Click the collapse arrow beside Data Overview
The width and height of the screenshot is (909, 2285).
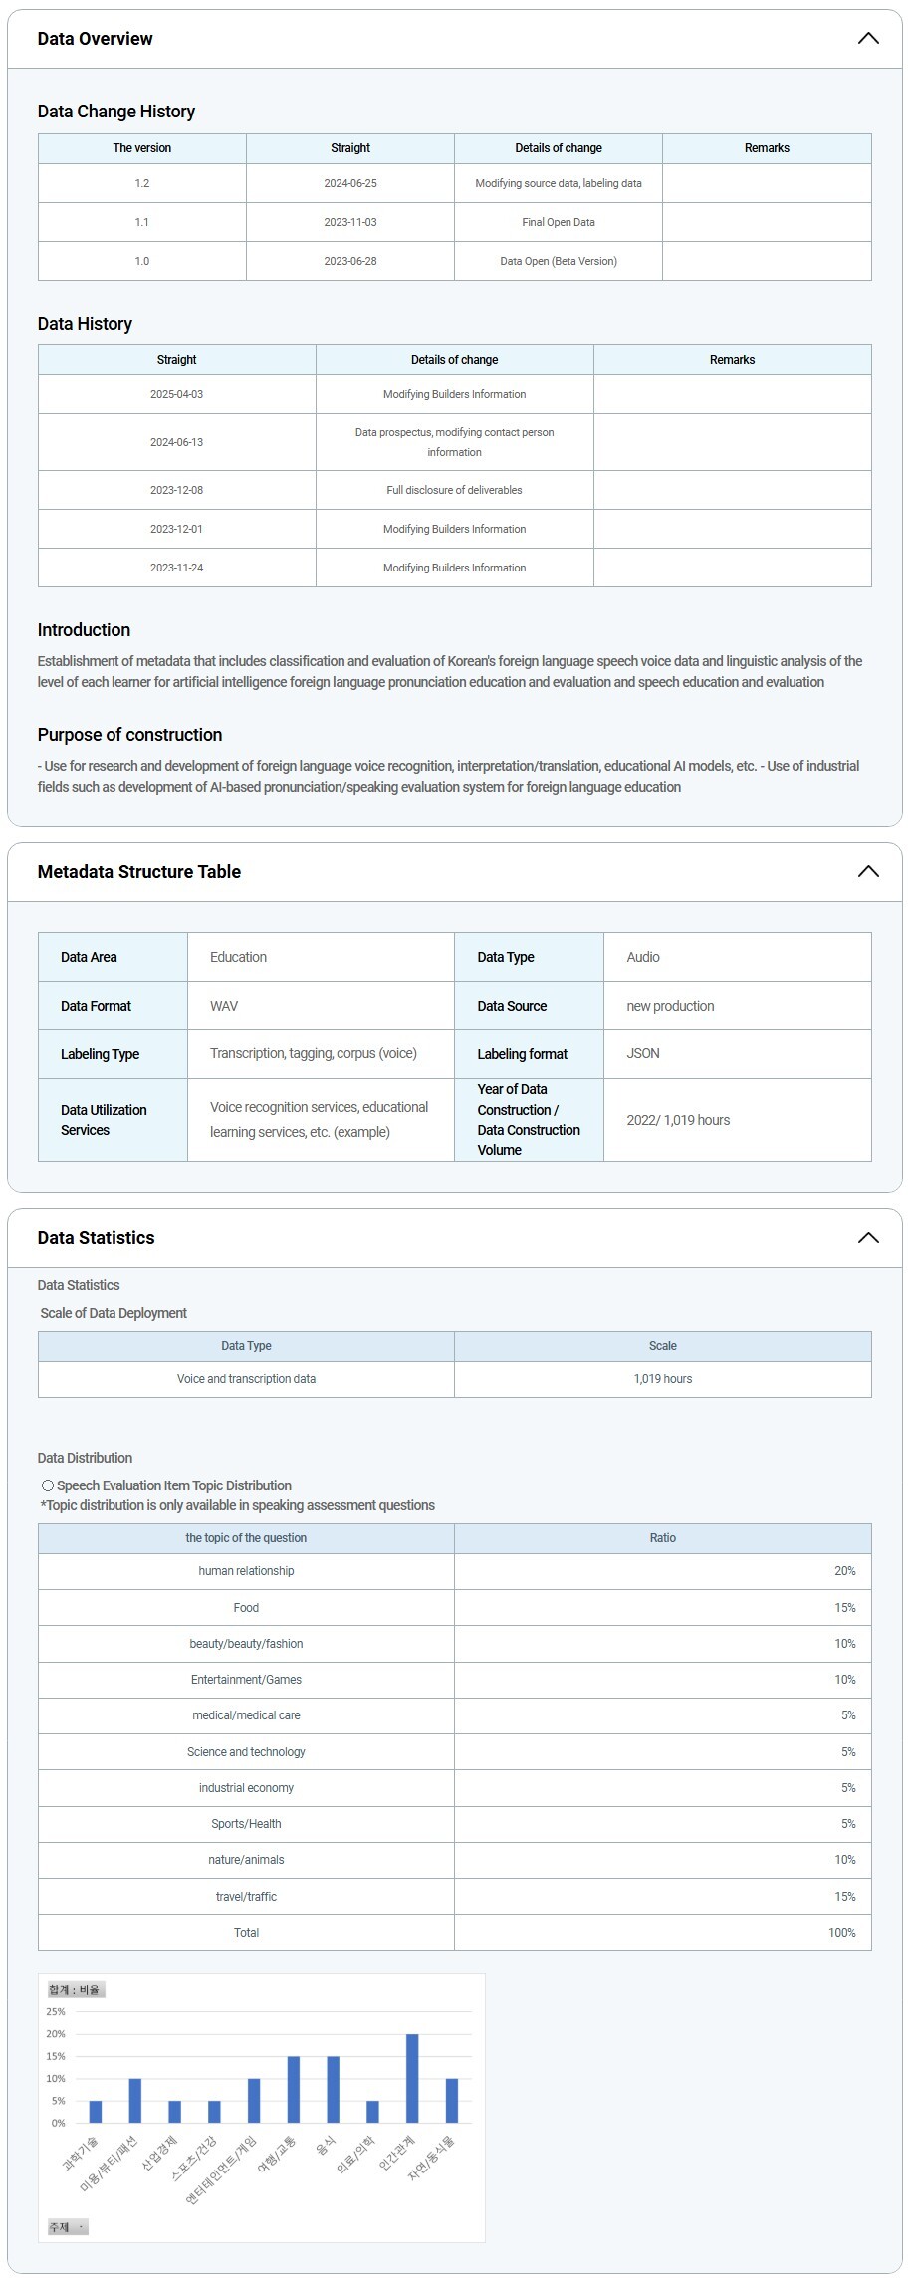pyautogui.click(x=868, y=39)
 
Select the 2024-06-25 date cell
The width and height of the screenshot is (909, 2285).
pyautogui.click(x=350, y=183)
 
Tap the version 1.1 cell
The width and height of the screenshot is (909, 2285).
pyautogui.click(x=142, y=222)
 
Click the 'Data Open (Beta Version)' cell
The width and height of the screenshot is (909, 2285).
pyautogui.click(x=559, y=261)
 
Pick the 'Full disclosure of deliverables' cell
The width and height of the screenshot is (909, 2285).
pyautogui.click(x=454, y=490)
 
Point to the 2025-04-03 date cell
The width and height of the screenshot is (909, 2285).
pyautogui.click(x=176, y=394)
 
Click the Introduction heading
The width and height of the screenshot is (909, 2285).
pyautogui.click(x=84, y=630)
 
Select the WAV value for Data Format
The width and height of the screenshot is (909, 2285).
pyautogui.click(x=224, y=1006)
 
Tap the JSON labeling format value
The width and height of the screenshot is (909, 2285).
pyautogui.click(x=643, y=1053)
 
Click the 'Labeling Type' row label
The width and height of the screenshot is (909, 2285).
pyautogui.click(x=100, y=1054)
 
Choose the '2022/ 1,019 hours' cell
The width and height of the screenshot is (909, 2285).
pyautogui.click(x=678, y=1120)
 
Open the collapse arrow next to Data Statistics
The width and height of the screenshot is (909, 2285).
pyautogui.click(x=868, y=1238)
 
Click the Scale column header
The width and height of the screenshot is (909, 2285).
pyautogui.click(x=662, y=1346)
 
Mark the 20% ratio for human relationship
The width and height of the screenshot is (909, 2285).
pyautogui.click(x=844, y=1571)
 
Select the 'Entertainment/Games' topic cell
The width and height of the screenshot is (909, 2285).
pyautogui.click(x=246, y=1680)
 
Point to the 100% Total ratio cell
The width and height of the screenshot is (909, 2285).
pyautogui.click(x=841, y=1933)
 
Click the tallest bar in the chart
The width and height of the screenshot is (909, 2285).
pyautogui.click(x=412, y=2078)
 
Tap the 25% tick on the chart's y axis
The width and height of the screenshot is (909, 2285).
pyautogui.click(x=56, y=2012)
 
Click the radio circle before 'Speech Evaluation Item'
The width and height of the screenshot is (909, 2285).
pyautogui.click(x=48, y=1485)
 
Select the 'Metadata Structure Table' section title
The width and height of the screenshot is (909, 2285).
pyautogui.click(x=139, y=872)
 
